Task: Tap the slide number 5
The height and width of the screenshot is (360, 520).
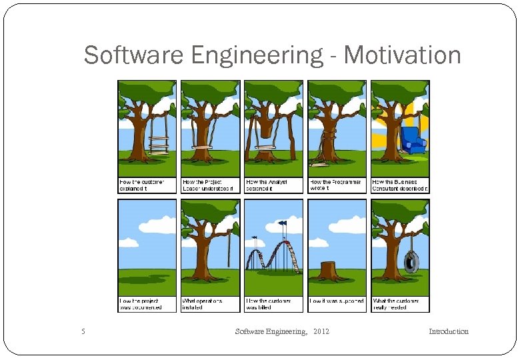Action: pos(83,331)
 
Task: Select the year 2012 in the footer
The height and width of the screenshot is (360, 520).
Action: pos(321,331)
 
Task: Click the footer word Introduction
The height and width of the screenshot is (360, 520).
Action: pos(448,331)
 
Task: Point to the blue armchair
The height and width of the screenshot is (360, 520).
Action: pos(412,140)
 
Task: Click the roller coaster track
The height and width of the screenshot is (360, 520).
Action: pos(273,257)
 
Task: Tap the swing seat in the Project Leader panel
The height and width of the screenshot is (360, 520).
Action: pos(201,147)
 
